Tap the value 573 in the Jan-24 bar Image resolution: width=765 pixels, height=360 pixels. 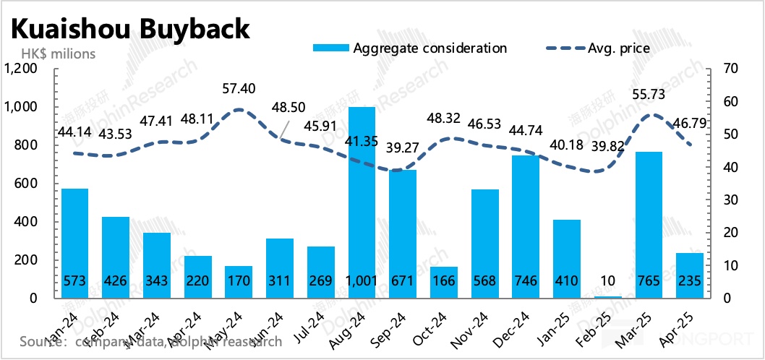pyautogui.click(x=74, y=282)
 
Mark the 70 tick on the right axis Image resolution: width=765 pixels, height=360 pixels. pyautogui.click(x=727, y=69)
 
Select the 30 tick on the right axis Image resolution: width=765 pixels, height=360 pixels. pyautogui.click(x=727, y=200)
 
